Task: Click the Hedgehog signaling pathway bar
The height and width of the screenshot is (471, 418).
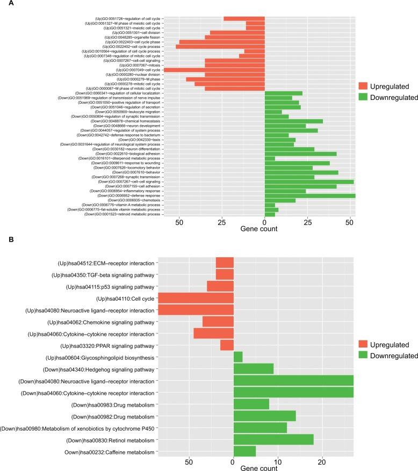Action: pos(253,369)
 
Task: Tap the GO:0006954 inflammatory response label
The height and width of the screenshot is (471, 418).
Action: pos(125,191)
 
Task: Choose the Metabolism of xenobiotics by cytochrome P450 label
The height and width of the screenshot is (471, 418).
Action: pos(77,428)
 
